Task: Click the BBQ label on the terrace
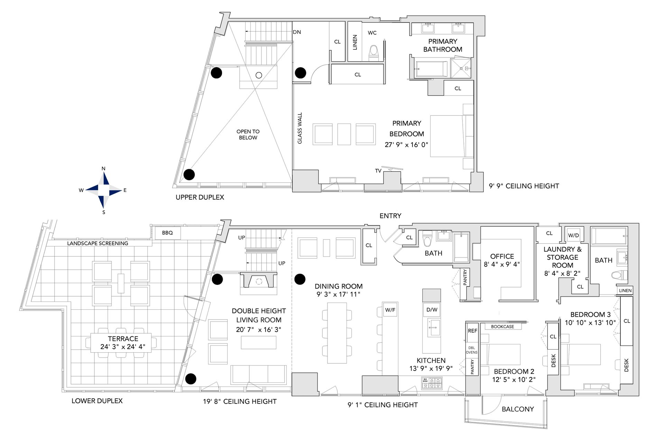pyautogui.click(x=167, y=233)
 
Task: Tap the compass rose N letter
pyautogui.click(x=103, y=169)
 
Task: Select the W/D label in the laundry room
pyautogui.click(x=573, y=235)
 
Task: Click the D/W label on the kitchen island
pyautogui.click(x=432, y=310)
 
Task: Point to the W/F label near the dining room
pyautogui.click(x=390, y=310)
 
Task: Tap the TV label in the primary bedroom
pyautogui.click(x=378, y=171)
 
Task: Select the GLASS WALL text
pyautogui.click(x=300, y=128)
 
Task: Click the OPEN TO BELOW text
pyautogui.click(x=248, y=134)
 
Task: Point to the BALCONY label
pyautogui.click(x=518, y=409)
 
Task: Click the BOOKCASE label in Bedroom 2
pyautogui.click(x=502, y=326)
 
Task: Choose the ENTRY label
pyautogui.click(x=390, y=216)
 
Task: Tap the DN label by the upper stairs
pyautogui.click(x=297, y=32)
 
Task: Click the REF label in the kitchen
pyautogui.click(x=472, y=331)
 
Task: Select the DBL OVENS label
pyautogui.click(x=472, y=350)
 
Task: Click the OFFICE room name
pyautogui.click(x=502, y=256)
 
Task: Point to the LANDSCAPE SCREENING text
pyautogui.click(x=98, y=243)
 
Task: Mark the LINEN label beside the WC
pyautogui.click(x=354, y=42)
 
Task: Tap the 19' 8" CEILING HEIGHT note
pyautogui.click(x=240, y=401)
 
